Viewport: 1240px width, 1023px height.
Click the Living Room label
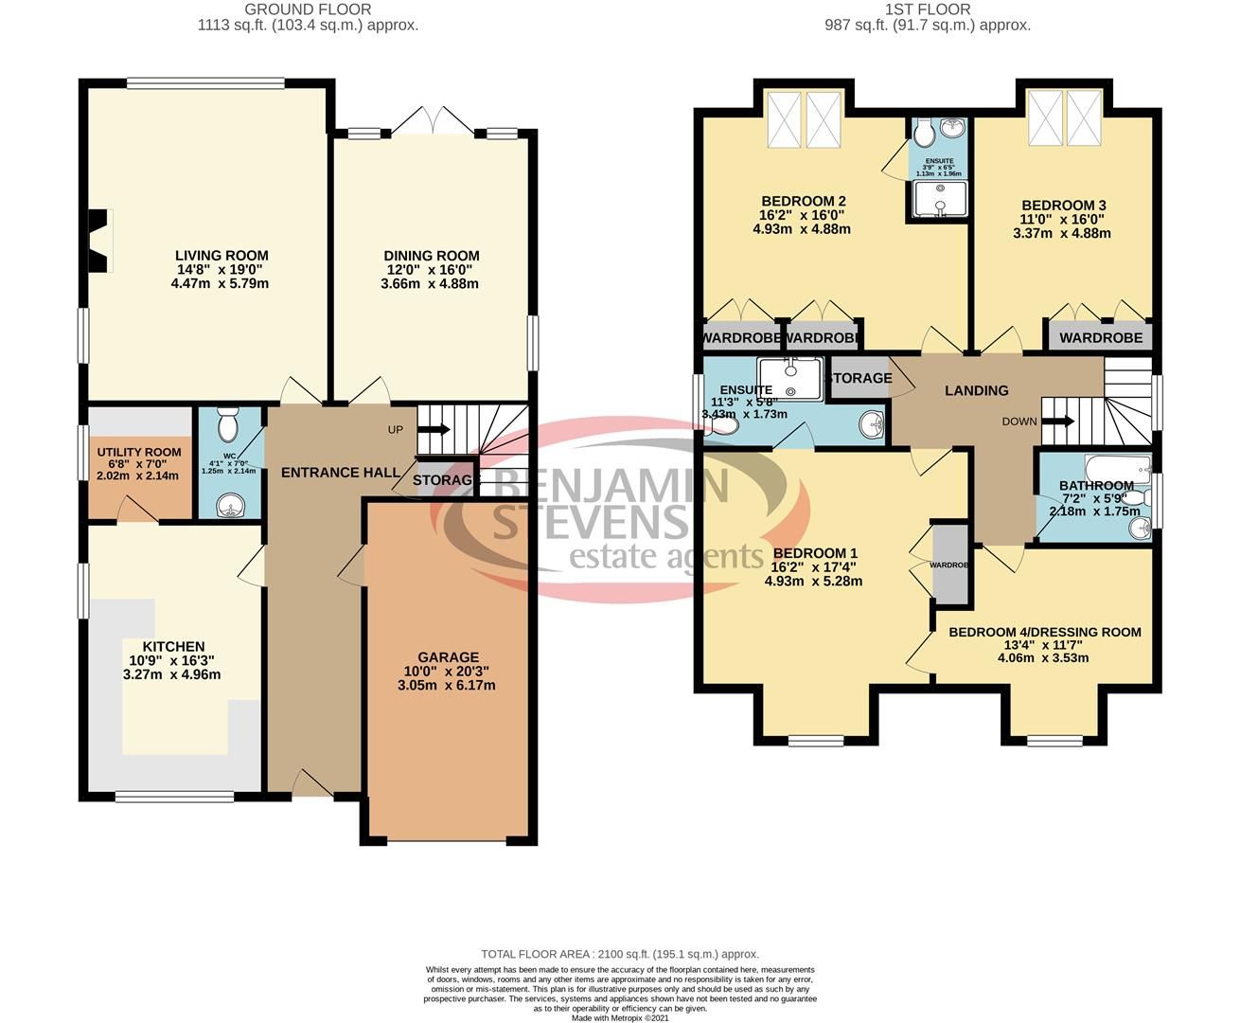coord(221,256)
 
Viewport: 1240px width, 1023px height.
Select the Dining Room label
coord(431,256)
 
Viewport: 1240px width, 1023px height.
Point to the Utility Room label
coord(139,453)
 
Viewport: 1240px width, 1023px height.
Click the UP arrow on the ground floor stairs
coord(433,429)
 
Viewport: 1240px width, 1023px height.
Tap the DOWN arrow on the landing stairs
coord(1057,422)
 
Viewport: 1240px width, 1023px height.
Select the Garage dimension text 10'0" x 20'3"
coord(448,672)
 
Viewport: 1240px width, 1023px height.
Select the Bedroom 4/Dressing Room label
coord(1045,632)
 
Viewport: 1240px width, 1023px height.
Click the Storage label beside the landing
coord(859,378)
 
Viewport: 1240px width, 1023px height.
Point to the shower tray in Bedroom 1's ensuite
coord(789,377)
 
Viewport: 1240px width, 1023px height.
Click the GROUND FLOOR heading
coord(308,9)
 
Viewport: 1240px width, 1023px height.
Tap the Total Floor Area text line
coord(620,954)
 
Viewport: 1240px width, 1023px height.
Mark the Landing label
coord(976,390)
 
